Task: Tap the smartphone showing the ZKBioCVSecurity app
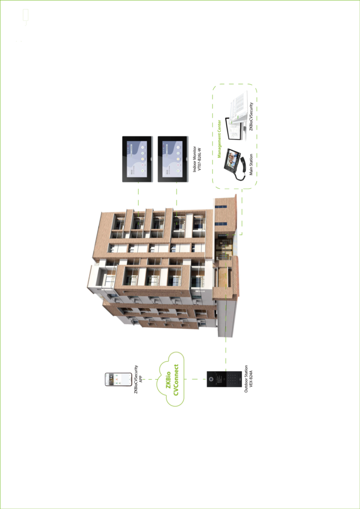(115, 379)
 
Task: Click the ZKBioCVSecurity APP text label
(138, 379)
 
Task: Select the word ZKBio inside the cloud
(169, 379)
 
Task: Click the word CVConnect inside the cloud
(176, 379)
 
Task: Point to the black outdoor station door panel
(224, 379)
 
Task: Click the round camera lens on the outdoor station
(211, 379)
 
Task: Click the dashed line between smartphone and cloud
(149, 379)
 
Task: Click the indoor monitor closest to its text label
(173, 159)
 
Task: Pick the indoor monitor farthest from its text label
(137, 159)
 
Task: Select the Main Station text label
(251, 164)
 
